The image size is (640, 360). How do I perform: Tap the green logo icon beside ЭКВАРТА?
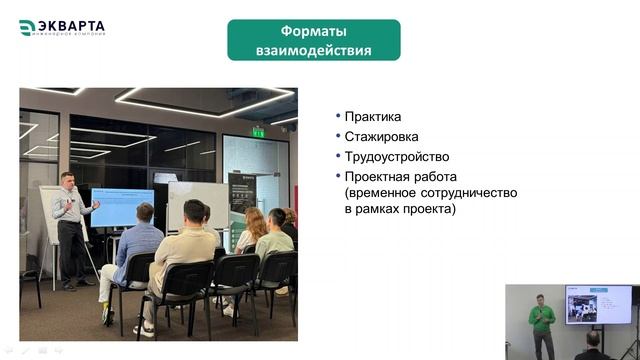tap(27, 28)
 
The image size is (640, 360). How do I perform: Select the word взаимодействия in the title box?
tap(313, 50)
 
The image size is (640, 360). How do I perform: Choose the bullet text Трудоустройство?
tap(396, 157)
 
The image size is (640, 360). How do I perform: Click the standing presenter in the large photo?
tap(70, 225)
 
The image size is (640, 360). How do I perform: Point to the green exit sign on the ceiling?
tap(258, 132)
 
